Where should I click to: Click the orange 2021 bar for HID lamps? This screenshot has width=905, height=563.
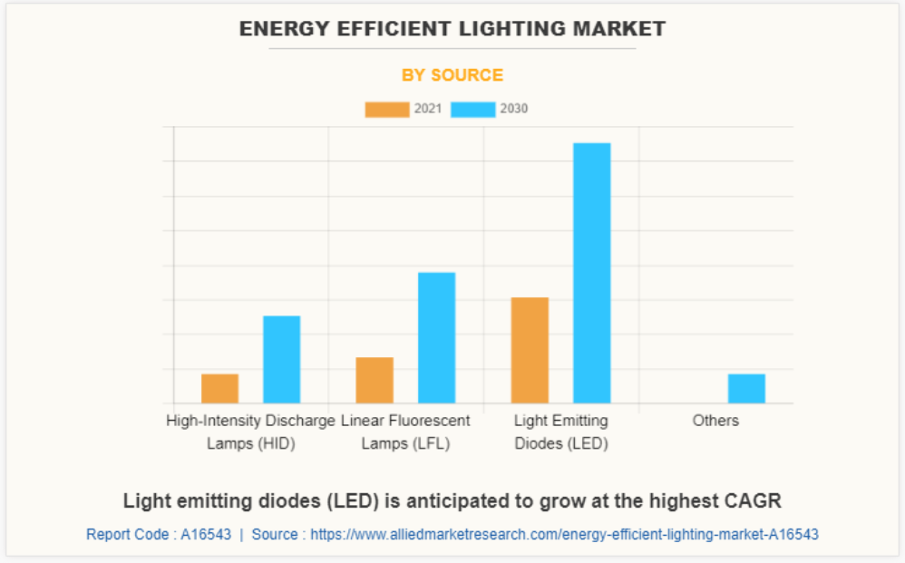219,388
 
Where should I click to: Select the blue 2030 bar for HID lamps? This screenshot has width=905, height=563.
281,359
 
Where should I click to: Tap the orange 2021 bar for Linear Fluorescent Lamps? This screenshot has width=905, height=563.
375,380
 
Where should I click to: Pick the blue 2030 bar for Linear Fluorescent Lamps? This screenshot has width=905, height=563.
436,337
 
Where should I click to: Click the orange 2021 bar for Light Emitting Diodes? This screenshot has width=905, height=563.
530,350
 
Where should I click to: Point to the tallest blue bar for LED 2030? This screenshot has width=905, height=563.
591,273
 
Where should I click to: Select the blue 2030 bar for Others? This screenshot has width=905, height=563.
746,388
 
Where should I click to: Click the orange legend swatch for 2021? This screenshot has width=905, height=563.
386,109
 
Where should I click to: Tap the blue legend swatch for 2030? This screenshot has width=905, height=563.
473,109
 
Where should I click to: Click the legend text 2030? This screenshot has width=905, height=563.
513,109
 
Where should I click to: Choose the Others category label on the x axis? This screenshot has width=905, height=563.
715,421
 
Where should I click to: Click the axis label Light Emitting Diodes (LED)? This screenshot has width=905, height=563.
560,432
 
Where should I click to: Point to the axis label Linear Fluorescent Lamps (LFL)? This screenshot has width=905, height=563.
405,432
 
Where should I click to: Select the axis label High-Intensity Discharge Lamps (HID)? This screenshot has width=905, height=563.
250,432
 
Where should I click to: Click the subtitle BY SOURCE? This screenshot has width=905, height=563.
452,75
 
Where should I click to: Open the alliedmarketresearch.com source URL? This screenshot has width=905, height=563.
564,535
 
